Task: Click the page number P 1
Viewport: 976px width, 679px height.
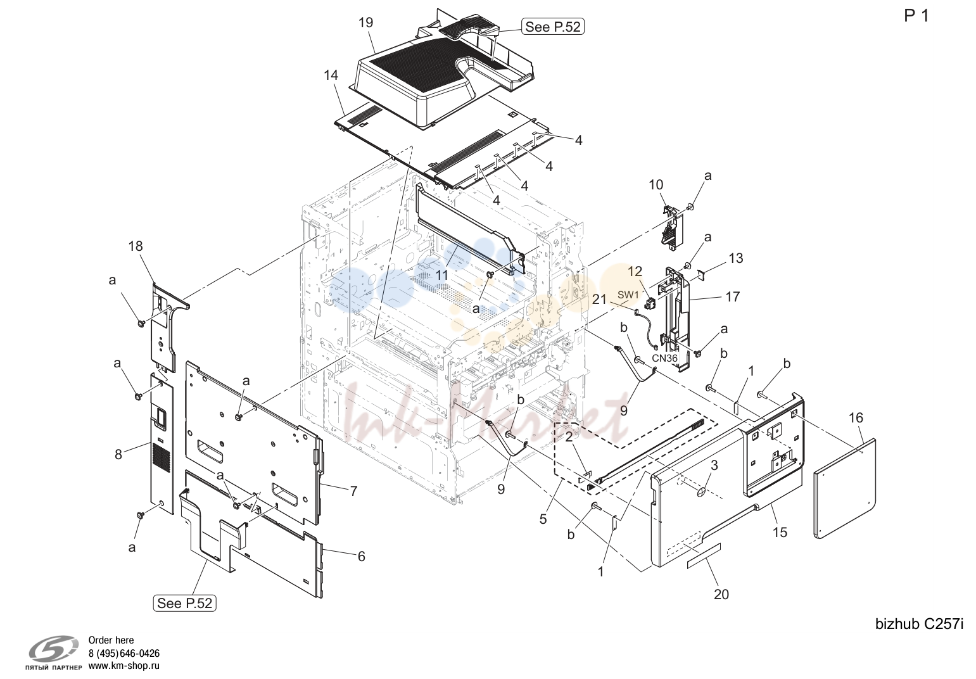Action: pyautogui.click(x=916, y=16)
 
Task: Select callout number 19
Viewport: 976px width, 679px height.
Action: pyautogui.click(x=366, y=23)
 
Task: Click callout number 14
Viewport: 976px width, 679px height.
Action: pyautogui.click(x=331, y=75)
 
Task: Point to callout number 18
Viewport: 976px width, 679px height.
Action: pyautogui.click(x=136, y=246)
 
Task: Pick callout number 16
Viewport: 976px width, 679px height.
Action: pyautogui.click(x=856, y=418)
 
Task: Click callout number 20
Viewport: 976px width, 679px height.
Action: pyautogui.click(x=721, y=595)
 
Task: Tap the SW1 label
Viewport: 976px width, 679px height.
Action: pyautogui.click(x=628, y=295)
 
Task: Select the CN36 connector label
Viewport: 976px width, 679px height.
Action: pyautogui.click(x=665, y=359)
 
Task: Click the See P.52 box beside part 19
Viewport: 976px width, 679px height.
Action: pyautogui.click(x=553, y=27)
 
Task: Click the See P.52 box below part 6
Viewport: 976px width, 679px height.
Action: pyautogui.click(x=185, y=603)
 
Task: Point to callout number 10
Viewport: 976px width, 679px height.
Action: pyautogui.click(x=656, y=185)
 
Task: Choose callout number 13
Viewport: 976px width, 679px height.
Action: pyautogui.click(x=736, y=258)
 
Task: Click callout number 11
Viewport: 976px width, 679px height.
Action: pyautogui.click(x=442, y=275)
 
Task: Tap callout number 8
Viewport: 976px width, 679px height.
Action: pyautogui.click(x=118, y=455)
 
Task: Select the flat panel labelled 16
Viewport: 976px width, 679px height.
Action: pyautogui.click(x=845, y=488)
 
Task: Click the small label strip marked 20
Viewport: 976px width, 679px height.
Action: pyautogui.click(x=704, y=556)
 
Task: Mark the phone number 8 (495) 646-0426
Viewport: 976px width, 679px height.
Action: pyautogui.click(x=124, y=653)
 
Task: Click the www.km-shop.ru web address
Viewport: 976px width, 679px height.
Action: pyautogui.click(x=124, y=666)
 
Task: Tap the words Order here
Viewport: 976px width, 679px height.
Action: pyautogui.click(x=111, y=640)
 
